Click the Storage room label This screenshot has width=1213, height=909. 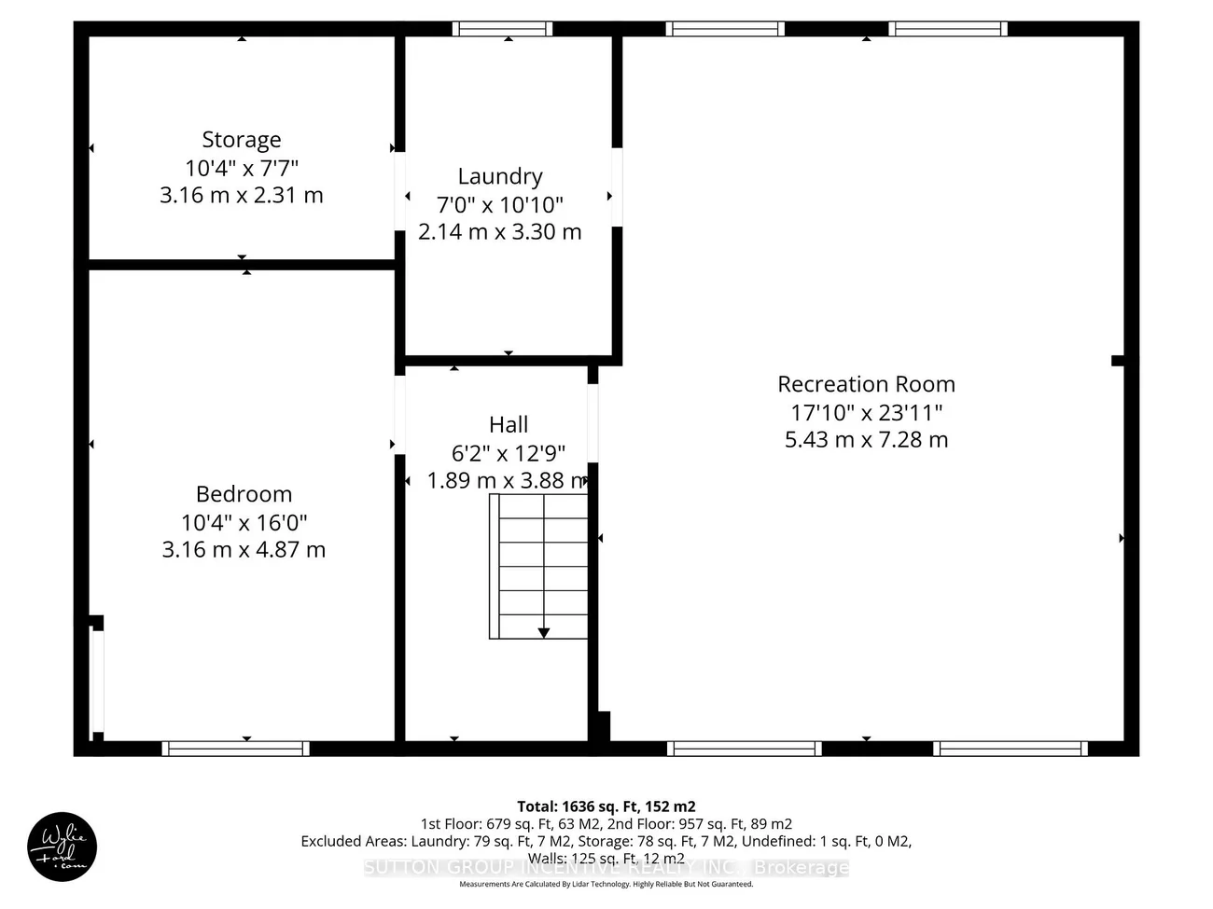tap(242, 140)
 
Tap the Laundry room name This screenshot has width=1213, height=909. tap(500, 176)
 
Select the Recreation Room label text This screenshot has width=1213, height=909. tap(866, 384)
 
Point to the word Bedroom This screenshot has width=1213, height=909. tap(244, 494)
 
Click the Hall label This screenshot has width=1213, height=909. tap(509, 425)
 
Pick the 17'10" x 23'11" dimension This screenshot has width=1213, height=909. tap(866, 412)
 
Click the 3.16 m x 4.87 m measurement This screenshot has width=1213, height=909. tap(244, 550)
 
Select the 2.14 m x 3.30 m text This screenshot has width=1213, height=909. tap(500, 232)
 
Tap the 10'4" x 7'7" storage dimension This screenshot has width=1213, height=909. tap(242, 168)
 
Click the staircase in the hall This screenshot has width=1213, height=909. tap(538, 566)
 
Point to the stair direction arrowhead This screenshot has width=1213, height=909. tap(543, 633)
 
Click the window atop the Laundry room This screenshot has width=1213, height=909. tap(502, 29)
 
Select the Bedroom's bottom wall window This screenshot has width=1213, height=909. tap(235, 748)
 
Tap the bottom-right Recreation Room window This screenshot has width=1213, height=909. tap(1011, 748)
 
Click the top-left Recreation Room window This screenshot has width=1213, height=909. tap(725, 29)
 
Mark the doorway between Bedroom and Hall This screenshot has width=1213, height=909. tap(399, 414)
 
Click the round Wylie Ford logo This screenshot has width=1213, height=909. tap(62, 847)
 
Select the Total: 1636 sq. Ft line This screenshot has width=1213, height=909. tap(606, 806)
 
